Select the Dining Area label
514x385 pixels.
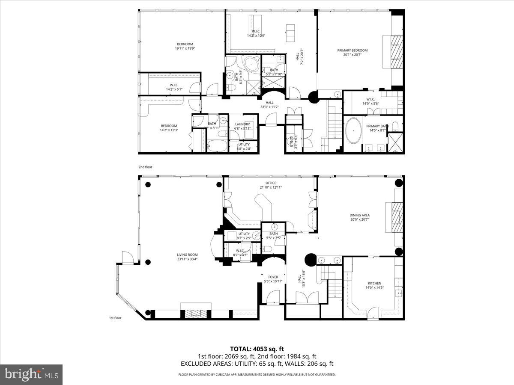[x=359, y=215]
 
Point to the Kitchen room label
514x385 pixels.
[x=374, y=283]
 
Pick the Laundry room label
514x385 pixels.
[x=242, y=124]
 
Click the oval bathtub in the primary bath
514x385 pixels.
[x=353, y=130]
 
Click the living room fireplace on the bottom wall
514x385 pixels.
[x=195, y=312]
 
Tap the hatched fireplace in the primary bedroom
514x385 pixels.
[x=397, y=51]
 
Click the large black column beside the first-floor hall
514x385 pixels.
[x=310, y=260]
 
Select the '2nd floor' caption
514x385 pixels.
[x=145, y=167]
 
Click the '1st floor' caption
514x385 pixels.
[x=115, y=318]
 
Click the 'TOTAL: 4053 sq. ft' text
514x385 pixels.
[x=257, y=349]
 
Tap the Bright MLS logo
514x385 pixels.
[x=31, y=375]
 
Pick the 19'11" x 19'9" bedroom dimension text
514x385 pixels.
[x=185, y=48]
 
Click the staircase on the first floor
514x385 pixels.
[x=331, y=282]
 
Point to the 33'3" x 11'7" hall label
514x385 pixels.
[x=269, y=105]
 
